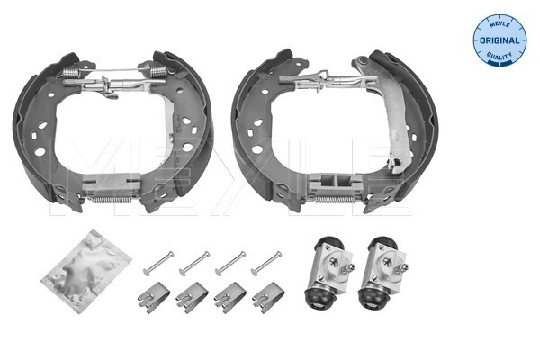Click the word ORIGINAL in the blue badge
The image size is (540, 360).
(499, 40)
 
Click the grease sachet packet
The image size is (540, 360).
(86, 271)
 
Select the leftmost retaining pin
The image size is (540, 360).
(158, 264)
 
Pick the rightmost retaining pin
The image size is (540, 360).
(266, 264)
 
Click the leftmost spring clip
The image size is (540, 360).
(154, 297)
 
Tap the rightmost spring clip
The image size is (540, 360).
(268, 297)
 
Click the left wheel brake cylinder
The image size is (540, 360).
(328, 273)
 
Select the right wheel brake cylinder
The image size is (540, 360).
(382, 273)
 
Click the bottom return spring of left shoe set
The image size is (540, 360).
(111, 200)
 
